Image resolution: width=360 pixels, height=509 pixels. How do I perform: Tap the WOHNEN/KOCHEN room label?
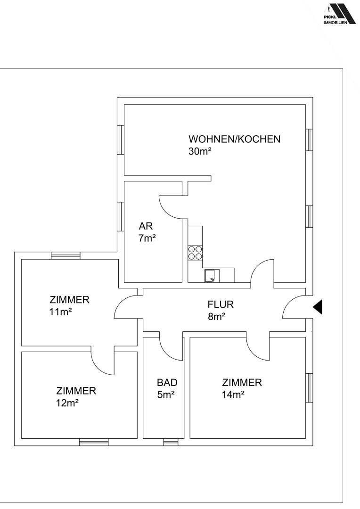click(234, 139)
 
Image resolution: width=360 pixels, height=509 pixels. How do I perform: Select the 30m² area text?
click(200, 151)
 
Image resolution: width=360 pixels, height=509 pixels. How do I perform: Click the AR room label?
click(146, 226)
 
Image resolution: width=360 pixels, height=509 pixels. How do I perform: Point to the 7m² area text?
click(147, 238)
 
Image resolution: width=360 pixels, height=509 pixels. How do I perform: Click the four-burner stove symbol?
click(195, 253)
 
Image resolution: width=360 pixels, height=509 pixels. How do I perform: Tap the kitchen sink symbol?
click(212, 276)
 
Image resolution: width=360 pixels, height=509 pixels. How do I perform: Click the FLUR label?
click(221, 304)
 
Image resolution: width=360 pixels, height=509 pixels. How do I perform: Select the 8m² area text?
click(217, 317)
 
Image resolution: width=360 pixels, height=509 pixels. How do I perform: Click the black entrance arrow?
click(318, 307)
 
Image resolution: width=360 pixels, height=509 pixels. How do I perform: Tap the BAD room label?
click(167, 382)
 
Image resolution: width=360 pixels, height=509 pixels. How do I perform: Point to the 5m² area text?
click(166, 395)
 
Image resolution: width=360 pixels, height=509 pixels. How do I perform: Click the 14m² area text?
click(233, 395)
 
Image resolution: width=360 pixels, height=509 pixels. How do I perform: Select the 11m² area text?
click(60, 312)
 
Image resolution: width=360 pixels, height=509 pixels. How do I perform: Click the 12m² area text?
click(67, 403)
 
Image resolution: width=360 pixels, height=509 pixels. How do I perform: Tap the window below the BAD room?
click(171, 442)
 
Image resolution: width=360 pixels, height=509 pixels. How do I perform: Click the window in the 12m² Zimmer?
click(94, 442)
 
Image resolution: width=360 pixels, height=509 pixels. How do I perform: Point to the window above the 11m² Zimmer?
click(65, 255)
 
